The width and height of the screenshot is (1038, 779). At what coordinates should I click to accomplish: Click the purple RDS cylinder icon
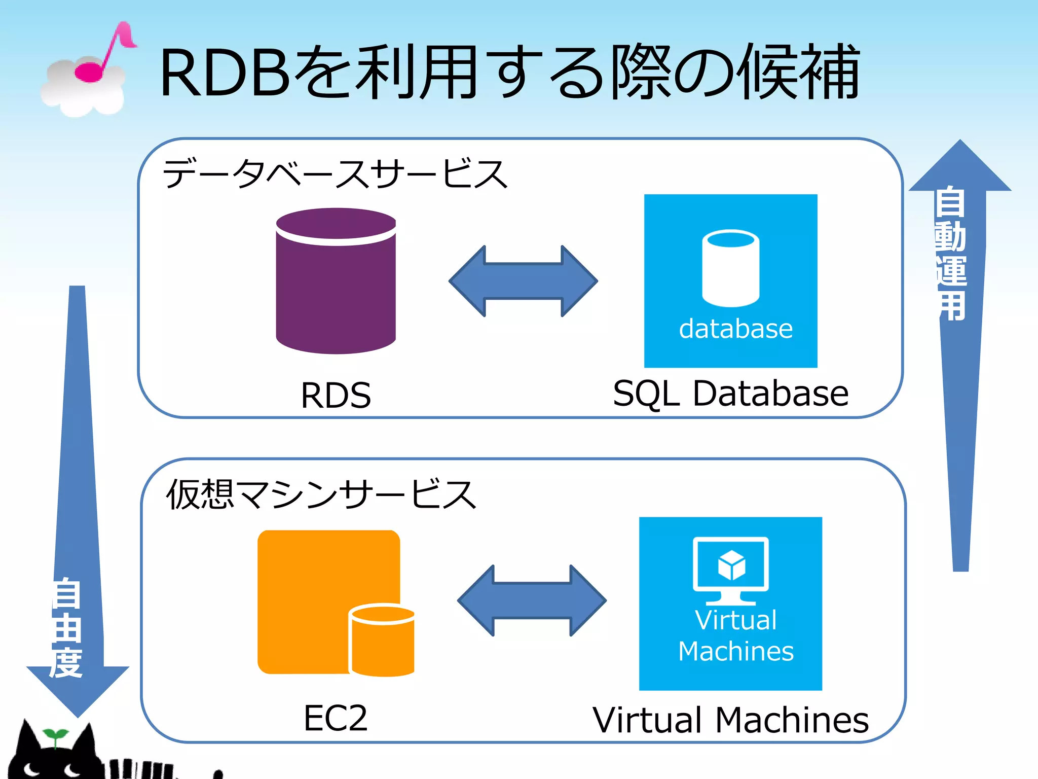336,281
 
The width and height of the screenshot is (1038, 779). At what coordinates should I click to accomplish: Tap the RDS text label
336,395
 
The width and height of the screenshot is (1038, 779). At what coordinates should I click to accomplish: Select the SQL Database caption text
730,393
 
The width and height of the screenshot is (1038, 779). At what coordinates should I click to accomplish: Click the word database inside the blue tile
735,329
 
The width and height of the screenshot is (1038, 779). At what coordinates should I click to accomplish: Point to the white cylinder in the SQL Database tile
730,269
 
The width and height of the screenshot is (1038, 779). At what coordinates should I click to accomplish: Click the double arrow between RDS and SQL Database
523,281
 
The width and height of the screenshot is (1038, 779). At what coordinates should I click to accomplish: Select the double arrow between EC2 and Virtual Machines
532,600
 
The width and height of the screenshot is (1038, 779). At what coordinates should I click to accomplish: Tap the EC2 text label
336,718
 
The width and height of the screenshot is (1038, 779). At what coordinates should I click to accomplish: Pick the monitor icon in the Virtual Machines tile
730,569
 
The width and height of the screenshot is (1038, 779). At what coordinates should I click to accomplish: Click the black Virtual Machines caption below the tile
730,720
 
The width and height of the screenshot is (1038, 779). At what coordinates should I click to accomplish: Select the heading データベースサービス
335,173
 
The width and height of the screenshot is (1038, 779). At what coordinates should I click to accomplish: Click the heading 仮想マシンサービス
321,494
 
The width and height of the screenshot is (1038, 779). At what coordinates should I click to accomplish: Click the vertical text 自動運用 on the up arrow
951,254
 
